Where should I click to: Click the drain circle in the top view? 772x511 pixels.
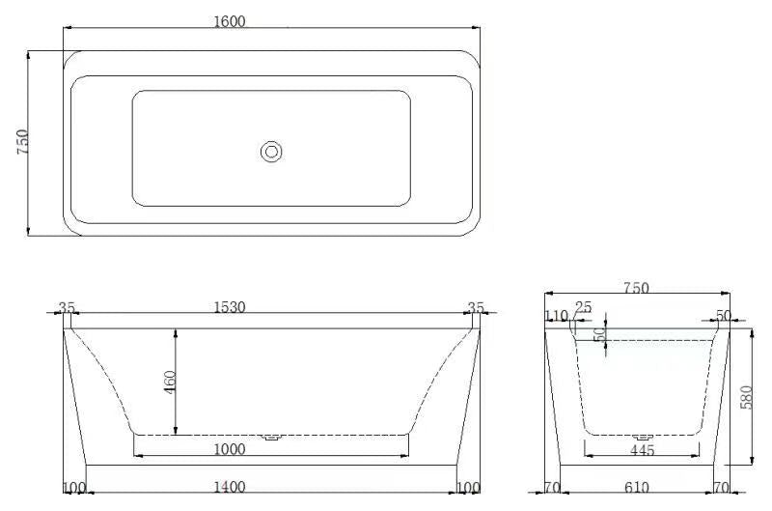pos(271,151)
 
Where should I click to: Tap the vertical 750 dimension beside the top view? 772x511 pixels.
pos(23,142)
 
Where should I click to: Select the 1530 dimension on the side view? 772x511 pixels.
pos(229,307)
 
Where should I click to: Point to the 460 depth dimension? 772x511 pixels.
pos(171,381)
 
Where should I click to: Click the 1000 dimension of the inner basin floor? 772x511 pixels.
pos(230,449)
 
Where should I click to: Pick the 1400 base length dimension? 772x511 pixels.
pos(229,487)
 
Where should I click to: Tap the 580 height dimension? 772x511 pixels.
pos(745,396)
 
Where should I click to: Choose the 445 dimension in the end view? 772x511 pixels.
pos(642,450)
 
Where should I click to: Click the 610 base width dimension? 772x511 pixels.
pos(636,487)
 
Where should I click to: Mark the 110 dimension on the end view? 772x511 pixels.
pos(556,316)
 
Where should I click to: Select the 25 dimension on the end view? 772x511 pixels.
pos(583,308)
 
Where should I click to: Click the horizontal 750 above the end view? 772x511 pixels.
pos(636,288)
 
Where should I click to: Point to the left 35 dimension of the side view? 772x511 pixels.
pos(67,308)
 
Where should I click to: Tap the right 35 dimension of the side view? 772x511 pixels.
pos(476,308)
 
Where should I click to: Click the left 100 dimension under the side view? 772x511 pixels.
pos(74,487)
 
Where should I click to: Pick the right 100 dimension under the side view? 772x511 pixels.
pos(468,487)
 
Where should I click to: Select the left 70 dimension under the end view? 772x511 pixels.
pos(553,487)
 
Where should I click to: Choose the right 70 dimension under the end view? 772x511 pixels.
pos(721,487)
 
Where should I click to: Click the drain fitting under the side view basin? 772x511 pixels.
pos(272,437)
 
